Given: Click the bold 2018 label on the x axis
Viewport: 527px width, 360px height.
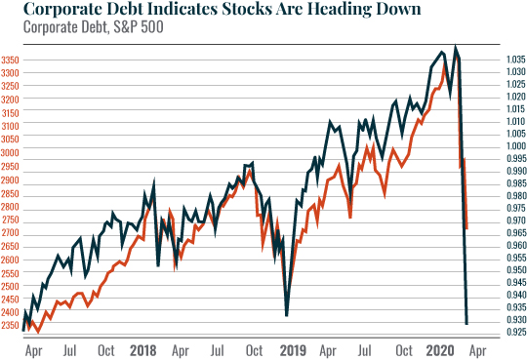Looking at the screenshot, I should point(142,348).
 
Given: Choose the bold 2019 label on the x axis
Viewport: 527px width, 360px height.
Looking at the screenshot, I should point(293,348).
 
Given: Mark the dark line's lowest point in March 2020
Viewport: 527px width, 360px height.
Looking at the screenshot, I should point(466,323).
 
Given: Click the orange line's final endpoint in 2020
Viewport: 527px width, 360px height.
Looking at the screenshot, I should point(467,228).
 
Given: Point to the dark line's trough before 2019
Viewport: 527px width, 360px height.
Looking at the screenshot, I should point(286,314).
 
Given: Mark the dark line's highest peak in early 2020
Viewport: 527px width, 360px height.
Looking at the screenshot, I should point(455,47).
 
